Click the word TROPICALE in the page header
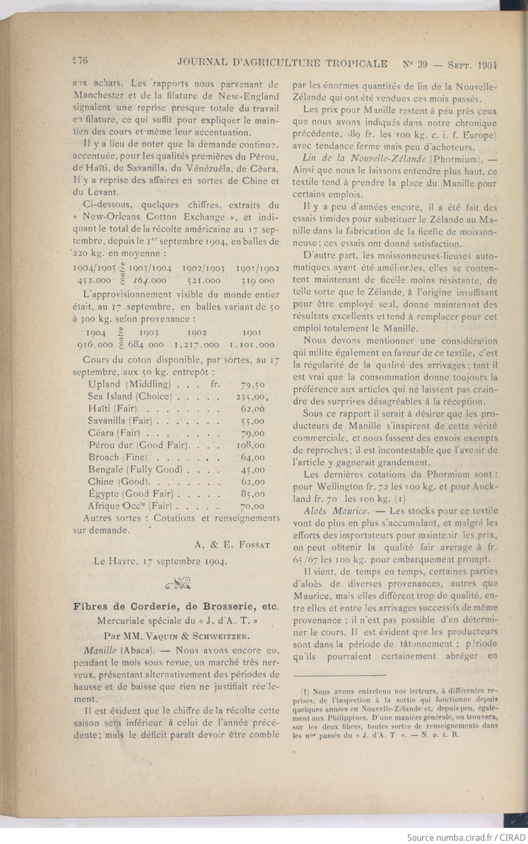pos(355,63)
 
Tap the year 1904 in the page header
pos(486,64)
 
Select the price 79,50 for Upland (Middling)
pos(252,384)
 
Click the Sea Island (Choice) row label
pos(129,397)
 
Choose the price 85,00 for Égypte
pos(252,494)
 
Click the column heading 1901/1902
pos(257,268)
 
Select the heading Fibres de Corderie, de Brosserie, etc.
pos(176,606)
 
